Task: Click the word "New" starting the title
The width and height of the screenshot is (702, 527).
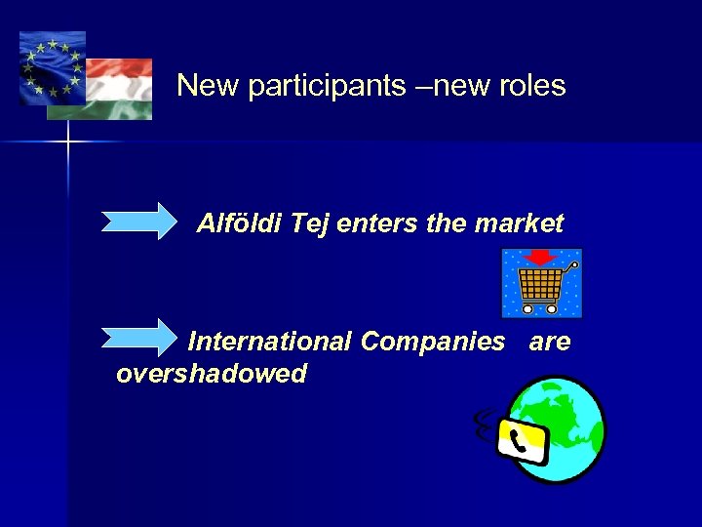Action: click(x=208, y=86)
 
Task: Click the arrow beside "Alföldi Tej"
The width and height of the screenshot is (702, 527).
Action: click(x=139, y=221)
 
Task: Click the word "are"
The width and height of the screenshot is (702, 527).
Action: click(x=550, y=342)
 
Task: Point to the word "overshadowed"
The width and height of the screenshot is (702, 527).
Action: click(x=211, y=373)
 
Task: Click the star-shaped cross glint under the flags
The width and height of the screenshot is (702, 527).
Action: click(x=68, y=142)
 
